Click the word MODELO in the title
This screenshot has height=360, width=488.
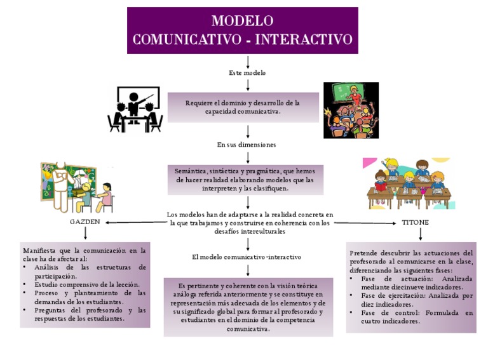click(243, 21)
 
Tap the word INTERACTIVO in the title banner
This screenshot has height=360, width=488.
click(303, 39)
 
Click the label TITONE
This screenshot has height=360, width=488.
click(415, 222)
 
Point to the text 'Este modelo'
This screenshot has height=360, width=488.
click(247, 73)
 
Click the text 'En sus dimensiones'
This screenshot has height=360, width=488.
click(247, 145)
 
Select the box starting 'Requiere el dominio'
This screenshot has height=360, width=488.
click(243, 107)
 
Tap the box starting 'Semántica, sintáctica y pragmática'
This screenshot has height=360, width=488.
click(245, 180)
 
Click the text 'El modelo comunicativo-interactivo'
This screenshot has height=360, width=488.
click(247, 257)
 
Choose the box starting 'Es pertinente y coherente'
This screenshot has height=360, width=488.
click(248, 307)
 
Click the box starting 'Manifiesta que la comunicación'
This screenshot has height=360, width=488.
click(85, 284)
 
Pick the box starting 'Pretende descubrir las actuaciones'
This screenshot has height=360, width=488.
click(411, 287)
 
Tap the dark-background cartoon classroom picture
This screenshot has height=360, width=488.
click(351, 110)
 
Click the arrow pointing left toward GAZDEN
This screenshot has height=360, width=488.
click(133, 223)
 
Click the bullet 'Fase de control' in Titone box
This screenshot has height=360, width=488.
click(416, 317)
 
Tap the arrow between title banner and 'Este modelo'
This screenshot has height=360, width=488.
click(247, 61)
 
